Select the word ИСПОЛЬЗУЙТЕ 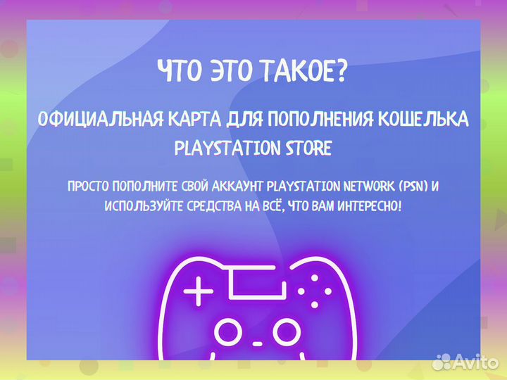(144, 206)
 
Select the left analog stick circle (227, 330)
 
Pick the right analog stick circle (287, 330)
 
